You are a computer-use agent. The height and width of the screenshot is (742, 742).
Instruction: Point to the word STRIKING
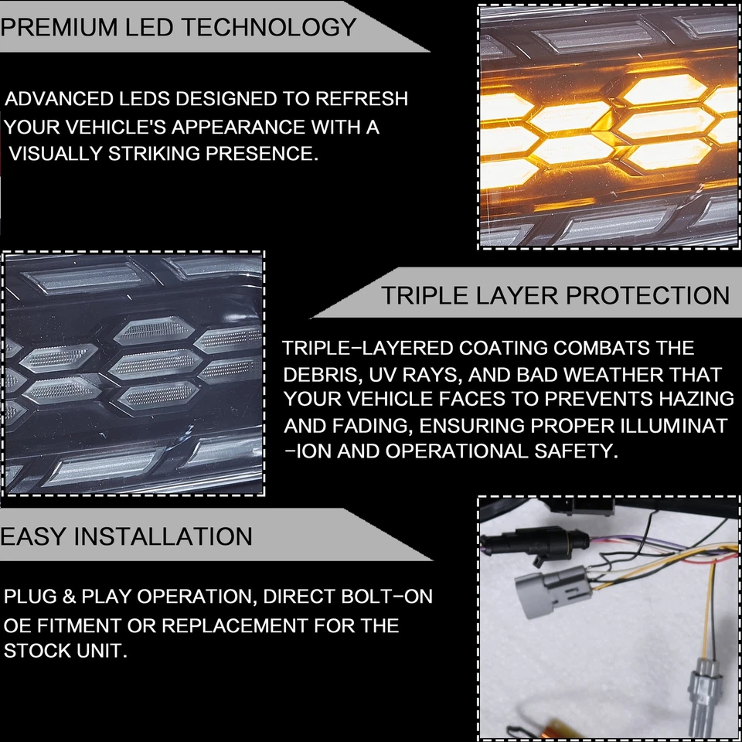152,152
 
